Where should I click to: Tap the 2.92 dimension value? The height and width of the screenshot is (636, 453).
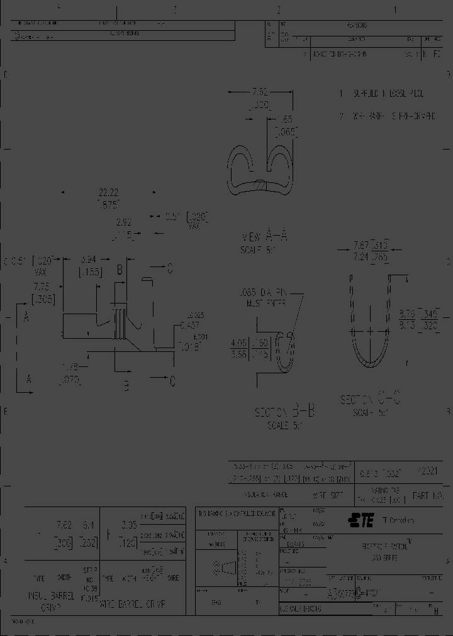click(x=123, y=222)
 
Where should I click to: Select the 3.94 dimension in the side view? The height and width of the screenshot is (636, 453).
click(x=87, y=259)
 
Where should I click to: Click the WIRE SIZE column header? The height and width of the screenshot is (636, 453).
click(x=328, y=496)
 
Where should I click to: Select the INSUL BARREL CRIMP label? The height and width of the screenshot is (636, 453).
click(x=50, y=600)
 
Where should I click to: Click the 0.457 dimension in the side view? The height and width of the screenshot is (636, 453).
click(x=189, y=325)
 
